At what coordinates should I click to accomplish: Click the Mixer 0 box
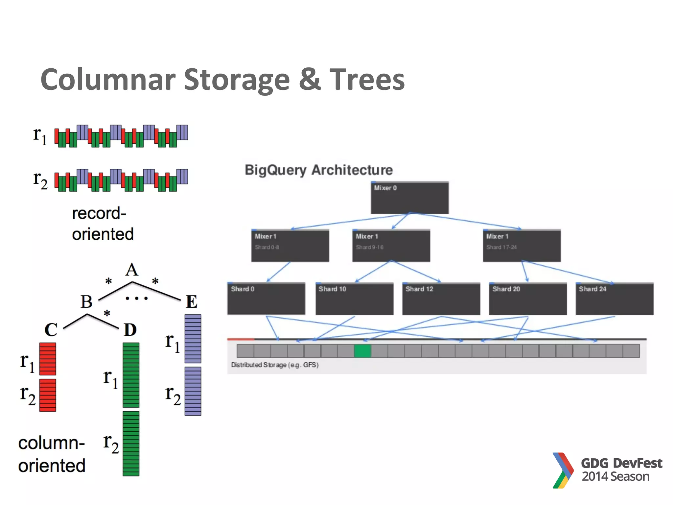tap(409, 198)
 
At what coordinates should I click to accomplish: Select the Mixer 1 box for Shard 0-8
tap(290, 246)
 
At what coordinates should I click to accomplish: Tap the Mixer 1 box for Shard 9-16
tap(391, 246)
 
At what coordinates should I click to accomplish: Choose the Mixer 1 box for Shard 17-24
tap(522, 246)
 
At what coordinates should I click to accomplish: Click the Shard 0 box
tap(266, 299)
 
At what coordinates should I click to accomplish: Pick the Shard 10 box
tap(354, 299)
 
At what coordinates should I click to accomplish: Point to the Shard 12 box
tap(441, 299)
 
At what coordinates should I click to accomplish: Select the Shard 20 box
tap(528, 299)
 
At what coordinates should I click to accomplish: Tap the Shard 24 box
tap(615, 299)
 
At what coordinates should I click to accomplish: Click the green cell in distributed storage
tap(362, 351)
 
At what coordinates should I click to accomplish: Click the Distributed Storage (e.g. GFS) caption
tap(275, 365)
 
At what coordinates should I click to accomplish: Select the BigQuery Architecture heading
tap(319, 170)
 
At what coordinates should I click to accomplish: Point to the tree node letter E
tap(192, 301)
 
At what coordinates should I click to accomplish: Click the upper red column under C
tap(48, 359)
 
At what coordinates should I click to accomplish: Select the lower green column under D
tap(131, 443)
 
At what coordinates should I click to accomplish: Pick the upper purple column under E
tap(193, 339)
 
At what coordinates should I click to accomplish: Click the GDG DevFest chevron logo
tap(563, 470)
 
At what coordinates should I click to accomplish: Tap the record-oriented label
tap(103, 224)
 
